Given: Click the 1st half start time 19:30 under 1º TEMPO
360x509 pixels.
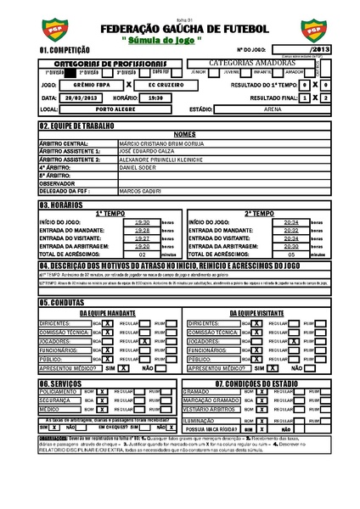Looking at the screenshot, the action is pos(142,222).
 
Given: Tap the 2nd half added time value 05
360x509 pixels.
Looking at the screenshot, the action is pos(291,254).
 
